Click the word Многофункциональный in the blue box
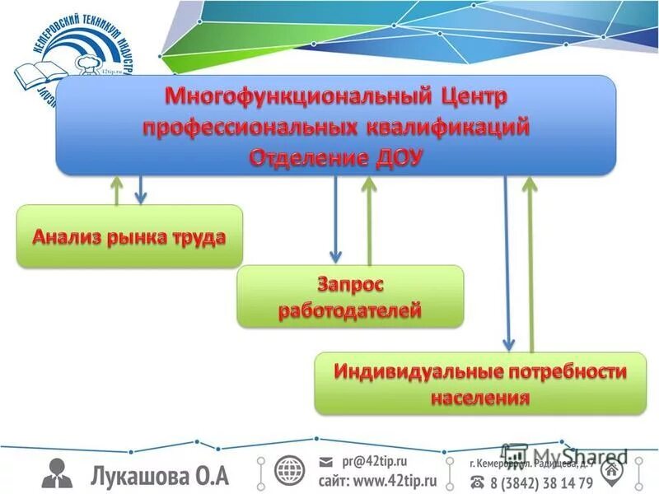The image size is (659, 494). coord(283,97)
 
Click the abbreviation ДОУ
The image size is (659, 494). coord(393,156)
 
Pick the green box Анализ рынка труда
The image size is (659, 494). coord(129,236)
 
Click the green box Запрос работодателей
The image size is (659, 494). coord(350,296)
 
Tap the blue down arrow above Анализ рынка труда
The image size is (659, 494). coord(141,189)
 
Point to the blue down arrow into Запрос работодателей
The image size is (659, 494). coord(335,218)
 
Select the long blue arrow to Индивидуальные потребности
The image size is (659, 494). coord(508,263)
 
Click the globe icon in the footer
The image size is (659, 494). coord(290,472)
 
